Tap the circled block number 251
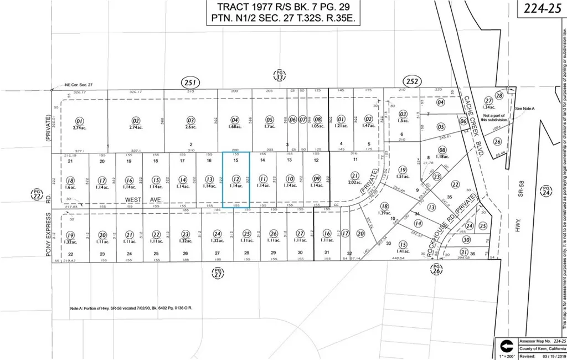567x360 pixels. pos(190,83)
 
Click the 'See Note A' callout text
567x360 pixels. pos(525,109)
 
